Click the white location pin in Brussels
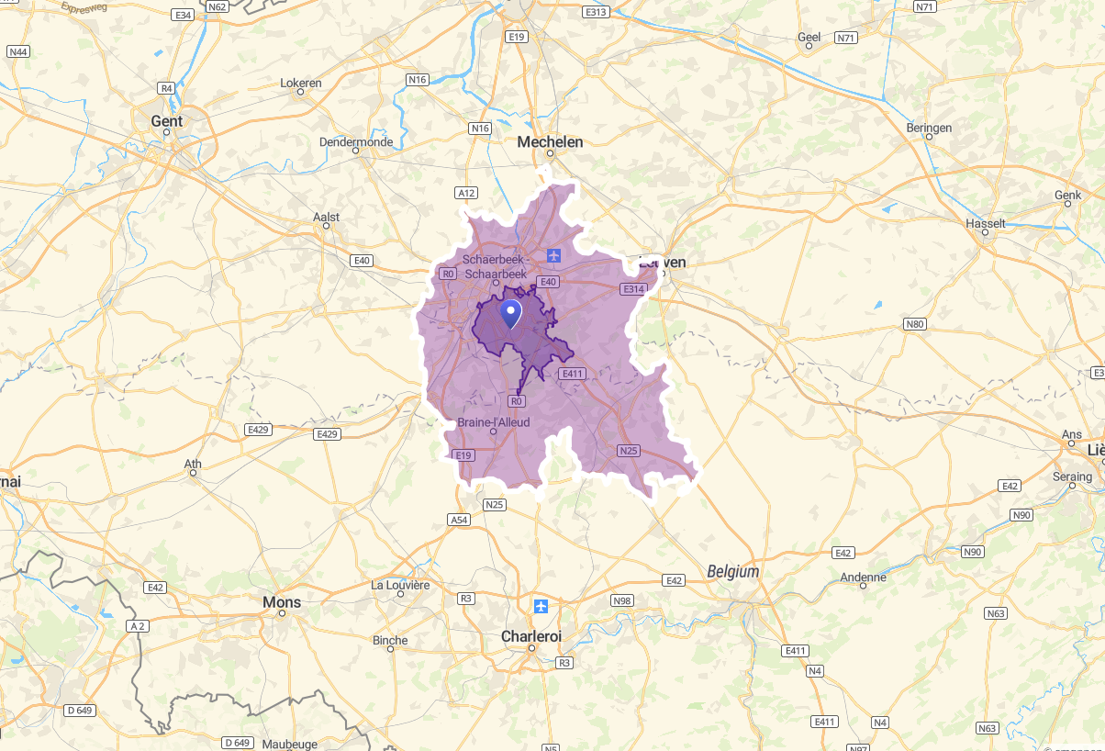(510, 313)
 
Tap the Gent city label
(167, 121)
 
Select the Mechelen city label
(550, 141)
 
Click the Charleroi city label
(530, 636)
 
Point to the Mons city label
(282, 602)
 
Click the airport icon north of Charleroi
(541, 606)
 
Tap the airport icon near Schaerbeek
(552, 254)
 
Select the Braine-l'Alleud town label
(494, 422)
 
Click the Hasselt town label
(986, 223)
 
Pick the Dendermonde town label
(356, 141)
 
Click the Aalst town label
(326, 218)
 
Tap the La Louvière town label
(400, 585)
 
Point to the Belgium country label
(733, 571)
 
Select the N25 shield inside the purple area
(628, 451)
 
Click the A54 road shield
(459, 520)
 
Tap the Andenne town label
(864, 577)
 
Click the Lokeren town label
(301, 83)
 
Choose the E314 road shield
(633, 289)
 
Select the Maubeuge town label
(289, 744)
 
